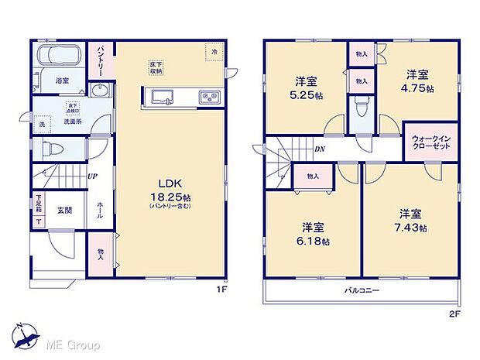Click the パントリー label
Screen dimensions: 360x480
point(101,58)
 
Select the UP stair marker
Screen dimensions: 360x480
point(92,177)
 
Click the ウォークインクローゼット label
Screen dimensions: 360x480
point(423,141)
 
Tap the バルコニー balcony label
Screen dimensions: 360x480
point(362,292)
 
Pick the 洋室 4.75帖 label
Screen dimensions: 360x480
point(420,81)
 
